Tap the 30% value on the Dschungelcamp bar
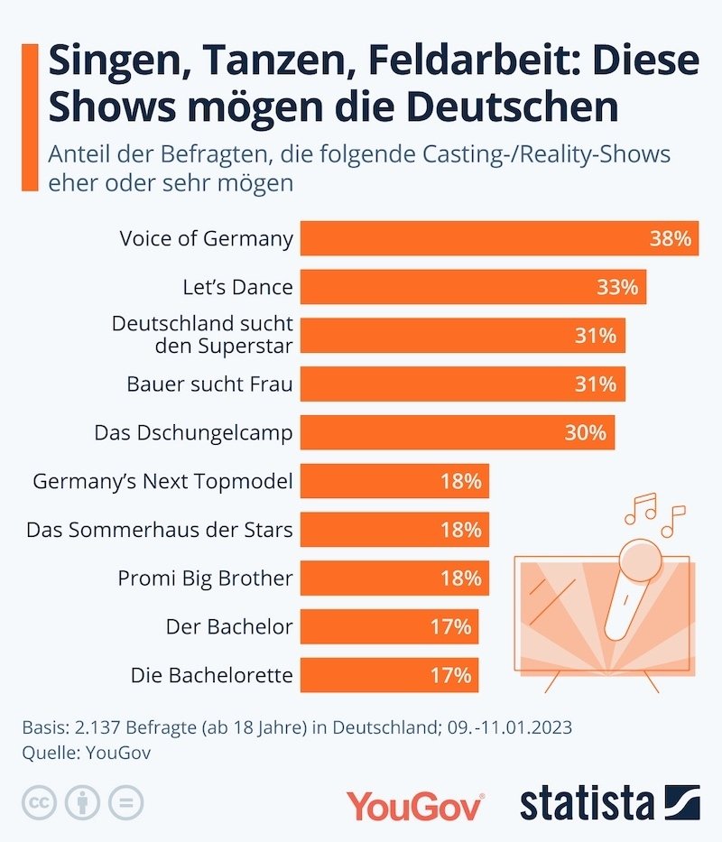coord(585,433)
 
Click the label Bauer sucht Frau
coord(209,384)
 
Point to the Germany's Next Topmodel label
coord(162,482)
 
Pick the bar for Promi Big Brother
coord(394,578)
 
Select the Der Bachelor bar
coord(389,627)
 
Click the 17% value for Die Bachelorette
coord(450,676)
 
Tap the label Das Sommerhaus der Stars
coord(160,530)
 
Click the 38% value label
coord(670,239)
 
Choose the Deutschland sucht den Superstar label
coord(202,335)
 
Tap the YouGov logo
coord(416,804)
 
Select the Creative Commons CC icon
coord(37,802)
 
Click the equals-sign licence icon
coord(125,802)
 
